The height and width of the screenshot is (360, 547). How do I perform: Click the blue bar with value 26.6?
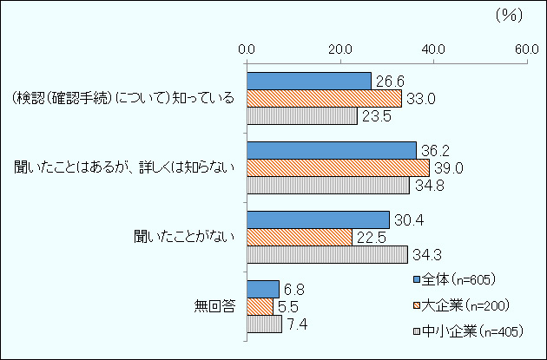click(308, 81)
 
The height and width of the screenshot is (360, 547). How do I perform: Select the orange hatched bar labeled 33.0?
click(324, 98)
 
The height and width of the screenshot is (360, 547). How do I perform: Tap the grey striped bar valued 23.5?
click(301, 115)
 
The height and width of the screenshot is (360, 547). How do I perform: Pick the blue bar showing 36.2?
click(331, 150)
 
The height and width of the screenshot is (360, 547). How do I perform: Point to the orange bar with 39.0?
click(338, 167)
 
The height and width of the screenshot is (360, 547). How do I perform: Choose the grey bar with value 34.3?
click(326, 254)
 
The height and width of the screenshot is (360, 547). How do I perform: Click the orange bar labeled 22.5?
click(299, 237)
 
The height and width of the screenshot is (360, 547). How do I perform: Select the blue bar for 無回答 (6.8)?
click(262, 289)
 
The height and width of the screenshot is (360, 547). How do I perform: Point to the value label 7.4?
click(299, 324)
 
